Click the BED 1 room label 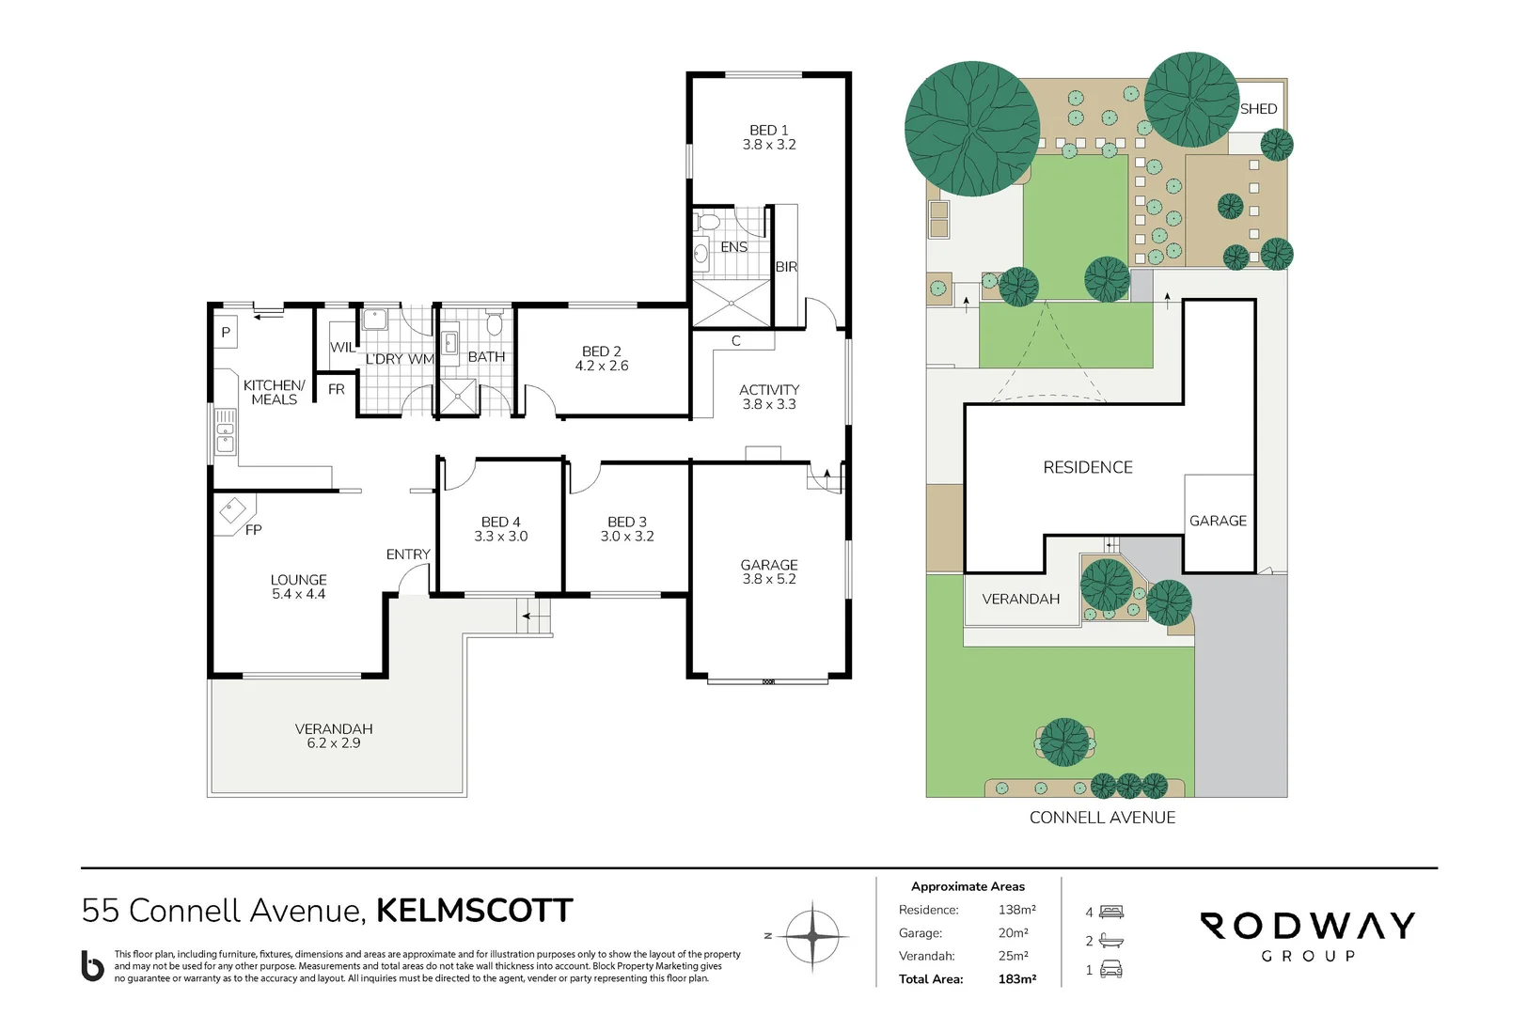pyautogui.click(x=768, y=131)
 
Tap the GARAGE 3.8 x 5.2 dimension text pyautogui.click(x=768, y=579)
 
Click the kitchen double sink pyautogui.click(x=226, y=431)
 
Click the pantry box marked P pyautogui.click(x=226, y=332)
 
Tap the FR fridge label pyautogui.click(x=337, y=389)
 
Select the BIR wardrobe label pyautogui.click(x=786, y=267)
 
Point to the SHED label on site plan pyautogui.click(x=1258, y=109)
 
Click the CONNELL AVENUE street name pyautogui.click(x=1102, y=818)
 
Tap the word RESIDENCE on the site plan pyautogui.click(x=1087, y=467)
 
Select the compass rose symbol pyautogui.click(x=811, y=936)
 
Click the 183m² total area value pyautogui.click(x=1016, y=979)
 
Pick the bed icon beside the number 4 pyautogui.click(x=1111, y=912)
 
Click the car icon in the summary pyautogui.click(x=1111, y=970)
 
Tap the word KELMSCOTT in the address pyautogui.click(x=474, y=911)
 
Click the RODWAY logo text pyautogui.click(x=1307, y=926)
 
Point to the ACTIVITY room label pyautogui.click(x=768, y=389)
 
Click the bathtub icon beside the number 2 pyautogui.click(x=1111, y=941)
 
